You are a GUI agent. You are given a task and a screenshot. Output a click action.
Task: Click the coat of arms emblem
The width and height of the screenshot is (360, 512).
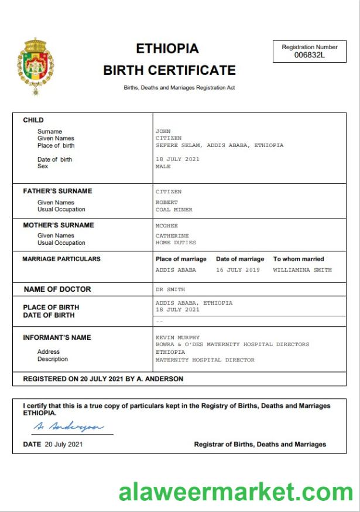point(36,66)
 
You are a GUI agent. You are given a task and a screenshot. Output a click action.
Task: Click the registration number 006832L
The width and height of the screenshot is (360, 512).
point(310,55)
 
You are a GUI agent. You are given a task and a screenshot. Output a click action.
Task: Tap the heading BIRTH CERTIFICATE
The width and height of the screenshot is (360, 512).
point(169,70)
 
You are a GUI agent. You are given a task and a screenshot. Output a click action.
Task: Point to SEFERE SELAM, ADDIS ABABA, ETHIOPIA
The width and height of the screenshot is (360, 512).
point(219,145)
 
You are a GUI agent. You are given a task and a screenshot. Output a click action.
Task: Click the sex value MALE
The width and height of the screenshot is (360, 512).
point(163,166)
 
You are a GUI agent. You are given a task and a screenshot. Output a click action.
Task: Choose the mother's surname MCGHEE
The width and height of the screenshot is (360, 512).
point(165,225)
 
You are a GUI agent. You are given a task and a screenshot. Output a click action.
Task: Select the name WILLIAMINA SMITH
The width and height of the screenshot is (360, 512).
point(302,270)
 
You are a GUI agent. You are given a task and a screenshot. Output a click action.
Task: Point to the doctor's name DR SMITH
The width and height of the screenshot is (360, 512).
point(170,289)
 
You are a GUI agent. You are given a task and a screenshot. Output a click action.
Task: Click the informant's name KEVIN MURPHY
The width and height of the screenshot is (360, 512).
point(177,337)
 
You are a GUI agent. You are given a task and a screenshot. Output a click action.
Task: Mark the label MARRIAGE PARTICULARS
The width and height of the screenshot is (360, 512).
point(61,259)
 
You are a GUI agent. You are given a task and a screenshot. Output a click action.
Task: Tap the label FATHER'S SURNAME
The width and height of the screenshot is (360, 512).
point(57,191)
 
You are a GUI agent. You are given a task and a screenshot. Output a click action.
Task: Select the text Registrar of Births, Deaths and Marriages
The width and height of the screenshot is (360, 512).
point(260,445)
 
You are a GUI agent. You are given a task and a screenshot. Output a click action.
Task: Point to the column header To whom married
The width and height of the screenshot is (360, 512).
point(298,259)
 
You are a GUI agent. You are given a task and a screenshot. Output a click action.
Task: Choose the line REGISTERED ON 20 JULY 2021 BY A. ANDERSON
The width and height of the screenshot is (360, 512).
point(103,379)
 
